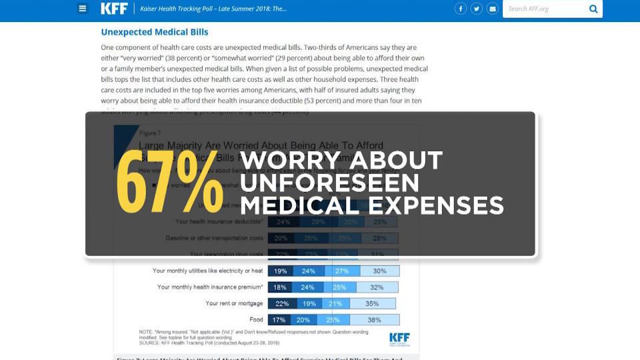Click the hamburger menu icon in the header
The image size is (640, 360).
point(83,9)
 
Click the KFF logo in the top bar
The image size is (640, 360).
point(114,9)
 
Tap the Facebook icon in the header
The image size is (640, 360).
point(460,9)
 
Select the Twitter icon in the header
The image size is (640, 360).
point(476,9)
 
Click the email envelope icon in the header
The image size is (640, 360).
point(492,9)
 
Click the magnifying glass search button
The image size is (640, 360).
point(593,9)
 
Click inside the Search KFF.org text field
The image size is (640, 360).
point(543,9)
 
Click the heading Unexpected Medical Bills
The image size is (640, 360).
point(155,32)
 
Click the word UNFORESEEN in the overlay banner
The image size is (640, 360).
point(330,183)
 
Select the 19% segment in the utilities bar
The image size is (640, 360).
point(280,271)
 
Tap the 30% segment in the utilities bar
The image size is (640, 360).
point(379,271)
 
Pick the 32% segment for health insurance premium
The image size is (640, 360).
point(377,287)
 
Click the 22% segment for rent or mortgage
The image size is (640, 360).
point(282,303)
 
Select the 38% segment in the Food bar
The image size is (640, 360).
point(375,320)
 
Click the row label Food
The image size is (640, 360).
point(256,320)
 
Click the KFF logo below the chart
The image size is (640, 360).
point(399,338)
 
